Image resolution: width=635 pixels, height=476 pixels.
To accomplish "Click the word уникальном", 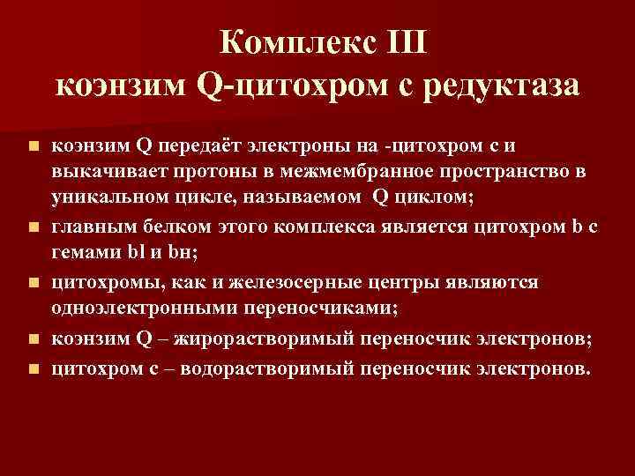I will pos(107,199).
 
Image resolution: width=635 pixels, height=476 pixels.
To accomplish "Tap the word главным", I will pos(92,228).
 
